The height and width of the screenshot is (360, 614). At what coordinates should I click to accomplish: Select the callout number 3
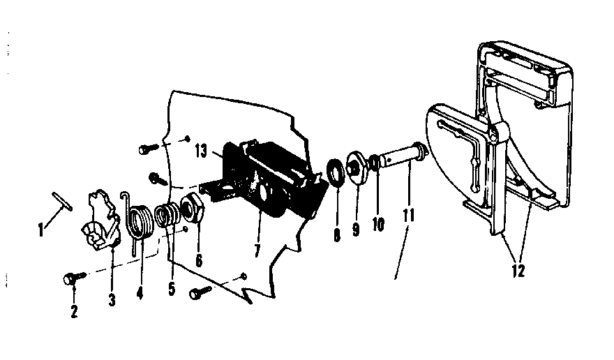[x=112, y=300]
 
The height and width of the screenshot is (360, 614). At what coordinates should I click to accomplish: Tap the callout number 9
[x=356, y=229]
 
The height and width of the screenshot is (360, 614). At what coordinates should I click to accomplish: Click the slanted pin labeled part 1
[x=62, y=205]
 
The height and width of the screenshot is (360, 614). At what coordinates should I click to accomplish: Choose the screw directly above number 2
[x=73, y=278]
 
